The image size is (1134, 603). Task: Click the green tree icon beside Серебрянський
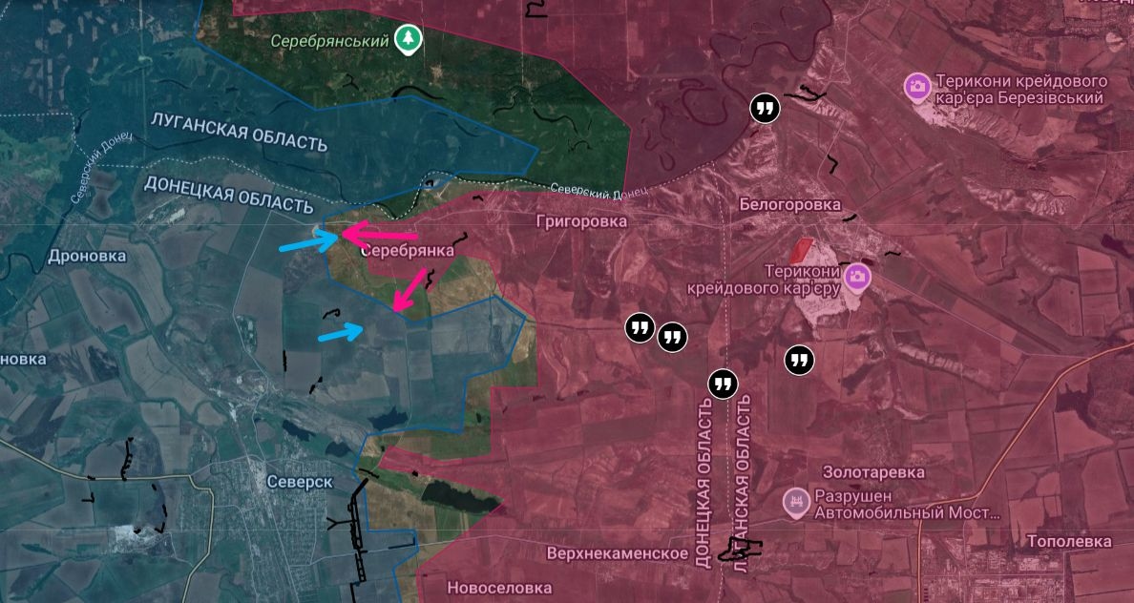point(408,38)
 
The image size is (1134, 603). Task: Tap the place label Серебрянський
point(329,41)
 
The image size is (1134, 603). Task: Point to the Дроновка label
point(87,256)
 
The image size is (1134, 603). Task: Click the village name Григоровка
point(581,221)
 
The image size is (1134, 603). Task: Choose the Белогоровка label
point(790,204)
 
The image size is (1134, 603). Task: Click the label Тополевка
point(1069,541)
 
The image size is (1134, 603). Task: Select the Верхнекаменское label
point(618,553)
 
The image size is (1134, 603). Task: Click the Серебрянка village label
point(408,251)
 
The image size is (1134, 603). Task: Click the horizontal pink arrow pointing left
point(379,234)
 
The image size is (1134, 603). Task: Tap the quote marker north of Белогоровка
point(765,108)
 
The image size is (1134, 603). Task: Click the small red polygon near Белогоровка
point(801,251)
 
